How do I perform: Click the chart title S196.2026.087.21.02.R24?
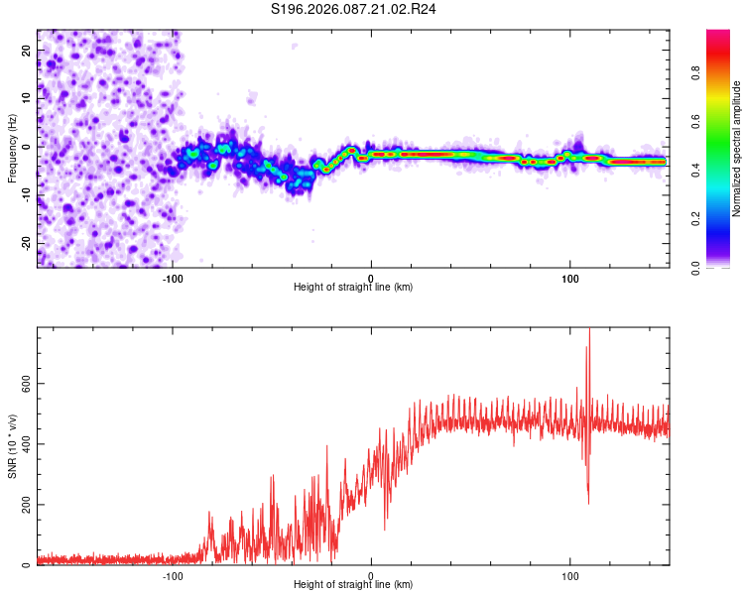(x=354, y=9)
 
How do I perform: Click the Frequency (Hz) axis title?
(x=12, y=149)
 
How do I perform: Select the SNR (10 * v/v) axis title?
(x=12, y=445)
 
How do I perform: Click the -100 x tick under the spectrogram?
(x=173, y=277)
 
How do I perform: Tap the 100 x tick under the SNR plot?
(x=570, y=575)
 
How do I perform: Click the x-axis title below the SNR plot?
(x=353, y=585)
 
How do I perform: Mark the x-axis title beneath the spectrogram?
(x=353, y=287)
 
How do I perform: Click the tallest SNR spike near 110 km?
(x=589, y=331)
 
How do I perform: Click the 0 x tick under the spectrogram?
(x=371, y=277)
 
